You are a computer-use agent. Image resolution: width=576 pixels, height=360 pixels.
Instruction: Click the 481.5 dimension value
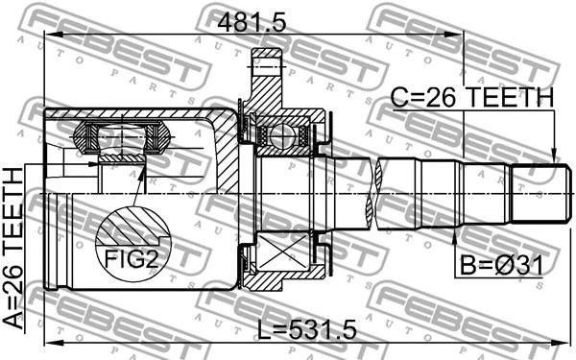coord(252,24)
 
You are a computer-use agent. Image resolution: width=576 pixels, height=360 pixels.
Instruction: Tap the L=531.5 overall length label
coord(306,330)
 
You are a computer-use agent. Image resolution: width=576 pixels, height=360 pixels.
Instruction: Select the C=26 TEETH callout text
coord(471,98)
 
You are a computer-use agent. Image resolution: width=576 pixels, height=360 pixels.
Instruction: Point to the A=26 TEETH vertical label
coord(13,248)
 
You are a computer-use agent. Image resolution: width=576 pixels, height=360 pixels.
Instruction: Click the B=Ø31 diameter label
coord(501,266)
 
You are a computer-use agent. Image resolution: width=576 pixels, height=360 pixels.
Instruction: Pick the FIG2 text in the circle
coord(132,258)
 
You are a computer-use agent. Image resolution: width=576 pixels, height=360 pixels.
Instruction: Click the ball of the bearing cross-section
coord(281,136)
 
